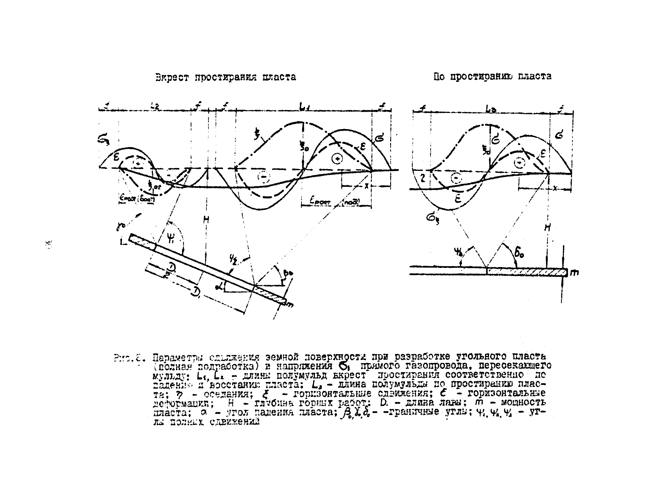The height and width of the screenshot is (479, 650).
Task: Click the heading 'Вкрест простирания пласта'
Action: tap(225, 77)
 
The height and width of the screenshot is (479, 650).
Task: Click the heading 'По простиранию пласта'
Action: tap(492, 76)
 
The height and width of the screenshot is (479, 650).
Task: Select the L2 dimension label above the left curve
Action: tap(155, 107)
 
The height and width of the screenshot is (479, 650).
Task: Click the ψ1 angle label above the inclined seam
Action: tap(171, 238)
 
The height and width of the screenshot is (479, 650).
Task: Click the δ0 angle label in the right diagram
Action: tap(519, 254)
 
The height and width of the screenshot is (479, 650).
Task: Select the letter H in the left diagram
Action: tap(206, 221)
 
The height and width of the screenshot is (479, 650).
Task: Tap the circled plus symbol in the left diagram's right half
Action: tap(337, 159)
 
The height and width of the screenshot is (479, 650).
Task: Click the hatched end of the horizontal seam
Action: tap(526, 272)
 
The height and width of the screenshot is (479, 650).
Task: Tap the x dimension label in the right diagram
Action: tap(554, 188)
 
